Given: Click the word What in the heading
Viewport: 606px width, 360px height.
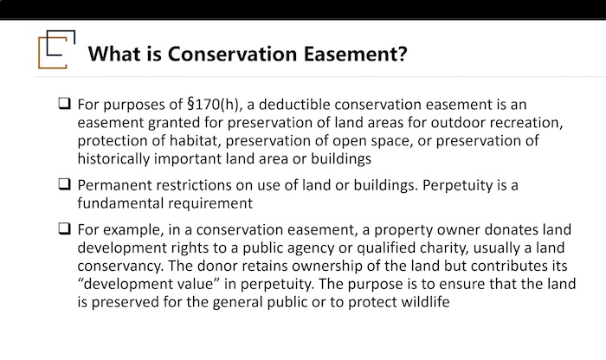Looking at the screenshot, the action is click(x=114, y=54).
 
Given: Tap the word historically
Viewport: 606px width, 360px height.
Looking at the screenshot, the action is click(x=113, y=158).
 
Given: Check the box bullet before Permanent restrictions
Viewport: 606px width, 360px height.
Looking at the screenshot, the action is click(x=65, y=183).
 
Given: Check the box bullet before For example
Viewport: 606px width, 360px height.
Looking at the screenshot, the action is click(x=65, y=228).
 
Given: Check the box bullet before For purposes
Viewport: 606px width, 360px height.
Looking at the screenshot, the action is click(x=65, y=104).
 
